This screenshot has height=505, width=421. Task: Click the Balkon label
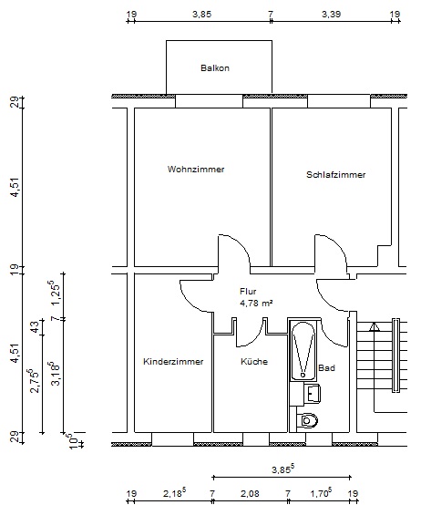215,68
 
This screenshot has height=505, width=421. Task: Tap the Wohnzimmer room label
196,169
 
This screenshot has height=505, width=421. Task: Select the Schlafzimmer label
335,174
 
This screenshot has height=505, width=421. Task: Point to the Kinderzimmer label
173,361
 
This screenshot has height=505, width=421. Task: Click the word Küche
254,361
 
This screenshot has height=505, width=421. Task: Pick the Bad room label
326,367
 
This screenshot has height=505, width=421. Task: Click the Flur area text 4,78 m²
256,303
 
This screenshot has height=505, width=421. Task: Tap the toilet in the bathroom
307,420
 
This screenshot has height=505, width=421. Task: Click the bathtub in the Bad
303,350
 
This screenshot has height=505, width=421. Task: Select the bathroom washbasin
312,393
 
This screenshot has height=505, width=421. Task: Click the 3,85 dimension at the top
202,15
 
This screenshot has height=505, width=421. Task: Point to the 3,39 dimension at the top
331,15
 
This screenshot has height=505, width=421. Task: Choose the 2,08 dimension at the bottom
250,493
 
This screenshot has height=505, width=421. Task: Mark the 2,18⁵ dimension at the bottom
174,492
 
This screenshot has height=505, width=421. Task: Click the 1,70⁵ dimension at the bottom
321,492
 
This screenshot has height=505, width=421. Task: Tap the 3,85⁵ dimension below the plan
282,469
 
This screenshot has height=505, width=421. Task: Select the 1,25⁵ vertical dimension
54,293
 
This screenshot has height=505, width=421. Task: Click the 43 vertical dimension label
36,327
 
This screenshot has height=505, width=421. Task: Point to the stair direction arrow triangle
374,327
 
